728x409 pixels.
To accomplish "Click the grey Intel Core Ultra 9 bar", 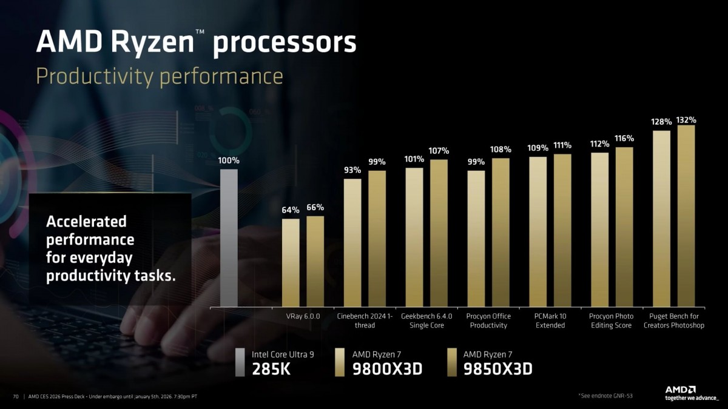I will [x=229, y=238].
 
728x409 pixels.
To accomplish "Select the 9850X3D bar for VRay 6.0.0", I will [x=315, y=261].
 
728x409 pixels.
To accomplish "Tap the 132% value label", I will [x=686, y=119].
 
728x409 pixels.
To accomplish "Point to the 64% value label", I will [x=291, y=210].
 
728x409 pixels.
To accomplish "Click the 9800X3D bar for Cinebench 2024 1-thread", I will [x=352, y=242].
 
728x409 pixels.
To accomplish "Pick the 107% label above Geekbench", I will [x=439, y=151].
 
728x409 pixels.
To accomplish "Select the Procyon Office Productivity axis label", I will [x=488, y=321].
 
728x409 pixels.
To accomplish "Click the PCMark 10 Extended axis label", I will [x=550, y=321].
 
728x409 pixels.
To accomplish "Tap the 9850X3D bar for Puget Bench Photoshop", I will [x=686, y=216].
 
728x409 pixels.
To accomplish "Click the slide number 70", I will [x=16, y=397].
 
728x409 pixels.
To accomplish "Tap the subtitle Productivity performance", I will [x=160, y=77].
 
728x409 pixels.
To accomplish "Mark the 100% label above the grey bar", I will [x=229, y=161].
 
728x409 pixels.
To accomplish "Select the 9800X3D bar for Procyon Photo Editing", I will [x=599, y=230].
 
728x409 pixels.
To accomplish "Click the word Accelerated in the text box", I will [x=86, y=221].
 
